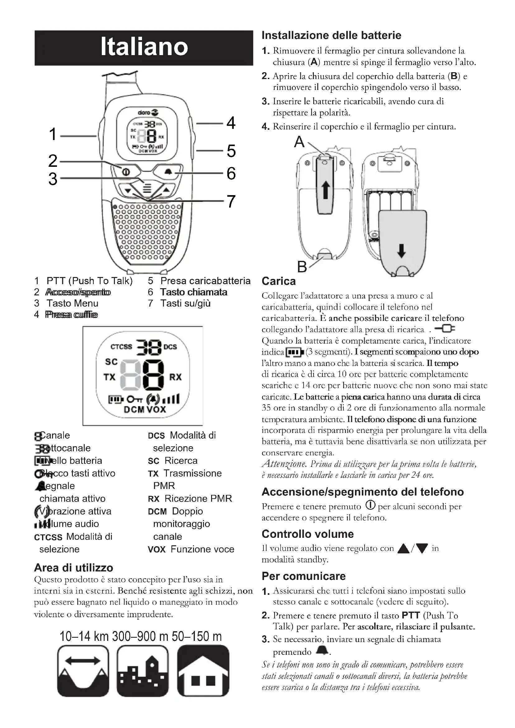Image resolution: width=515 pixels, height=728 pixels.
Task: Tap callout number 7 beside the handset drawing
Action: coord(231,201)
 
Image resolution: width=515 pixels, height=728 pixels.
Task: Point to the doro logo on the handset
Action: coord(148,113)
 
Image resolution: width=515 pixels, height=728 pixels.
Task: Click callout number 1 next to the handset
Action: coord(53,134)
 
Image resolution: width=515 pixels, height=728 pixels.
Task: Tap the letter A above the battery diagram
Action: coord(299,142)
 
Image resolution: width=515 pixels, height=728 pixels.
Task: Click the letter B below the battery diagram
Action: coord(302,267)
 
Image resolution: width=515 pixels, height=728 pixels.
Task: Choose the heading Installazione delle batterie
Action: coord(331,35)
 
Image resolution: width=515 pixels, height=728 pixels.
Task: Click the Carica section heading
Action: coord(278,281)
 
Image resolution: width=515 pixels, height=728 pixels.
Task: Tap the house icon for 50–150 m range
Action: coord(203,671)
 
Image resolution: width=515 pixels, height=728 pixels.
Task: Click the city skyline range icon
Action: coord(142,671)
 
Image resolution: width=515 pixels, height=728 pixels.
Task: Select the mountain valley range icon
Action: coord(83,671)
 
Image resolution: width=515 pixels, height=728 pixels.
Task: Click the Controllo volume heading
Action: coord(307,534)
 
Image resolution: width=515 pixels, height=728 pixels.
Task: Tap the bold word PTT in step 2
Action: coord(411,615)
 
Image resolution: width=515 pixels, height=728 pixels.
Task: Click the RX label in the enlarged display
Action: coord(175,377)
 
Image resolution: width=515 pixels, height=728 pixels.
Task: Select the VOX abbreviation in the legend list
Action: coord(157,549)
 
